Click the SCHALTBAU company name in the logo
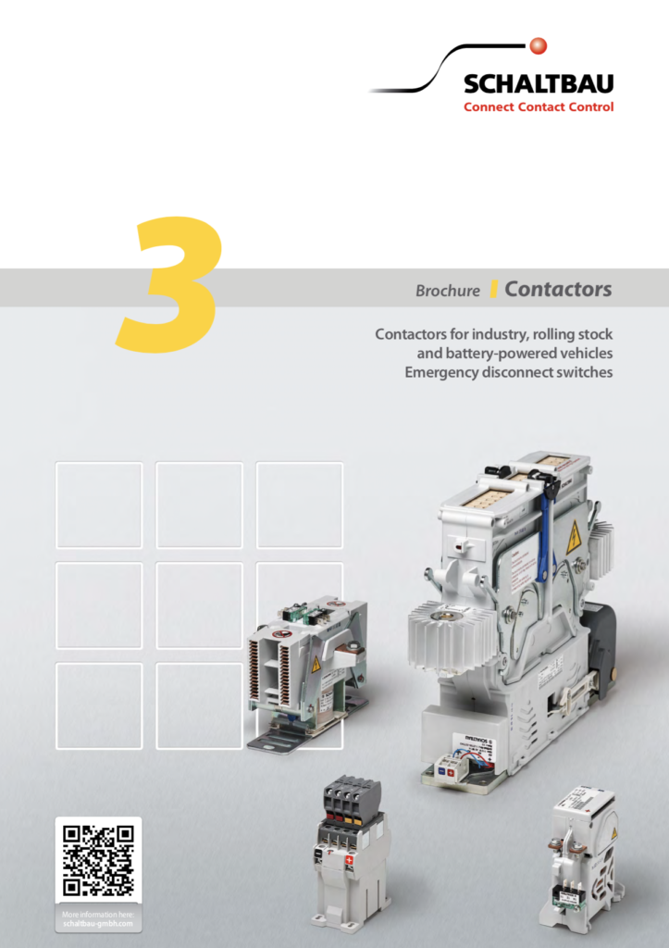(538, 85)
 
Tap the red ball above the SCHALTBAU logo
(539, 45)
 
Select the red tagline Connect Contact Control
(538, 107)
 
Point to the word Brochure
(448, 291)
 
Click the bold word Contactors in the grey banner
(558, 289)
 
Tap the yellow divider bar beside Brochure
(494, 289)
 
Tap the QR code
(98, 861)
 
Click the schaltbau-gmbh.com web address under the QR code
(98, 923)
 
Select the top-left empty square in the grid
(99, 505)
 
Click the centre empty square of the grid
(199, 605)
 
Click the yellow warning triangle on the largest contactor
(574, 538)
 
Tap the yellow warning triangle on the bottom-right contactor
(613, 834)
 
